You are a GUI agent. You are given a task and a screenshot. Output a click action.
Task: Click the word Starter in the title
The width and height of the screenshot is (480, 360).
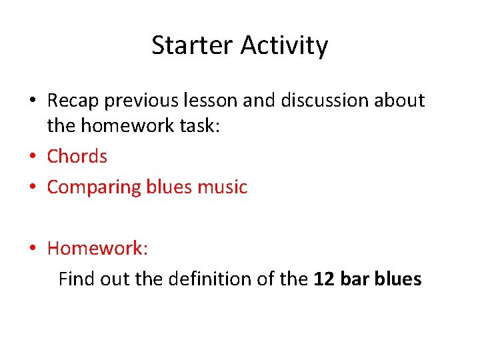[193, 46]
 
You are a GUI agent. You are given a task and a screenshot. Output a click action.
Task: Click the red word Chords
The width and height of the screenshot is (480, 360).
[77, 156]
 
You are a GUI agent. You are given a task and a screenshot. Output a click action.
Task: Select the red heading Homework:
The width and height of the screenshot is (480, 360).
[97, 249]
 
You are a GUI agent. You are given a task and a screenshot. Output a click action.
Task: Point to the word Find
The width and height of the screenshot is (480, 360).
[77, 279]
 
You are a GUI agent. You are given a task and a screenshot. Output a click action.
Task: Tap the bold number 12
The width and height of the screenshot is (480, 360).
[324, 279]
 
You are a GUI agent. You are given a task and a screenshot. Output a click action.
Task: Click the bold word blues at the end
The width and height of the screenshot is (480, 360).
[398, 279]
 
